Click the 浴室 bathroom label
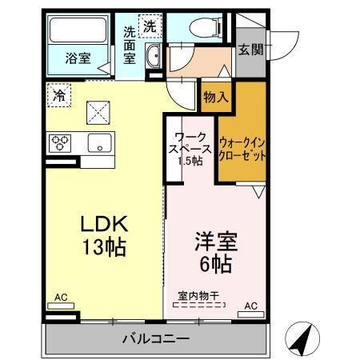coord(78,58)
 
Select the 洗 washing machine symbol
coord(150,26)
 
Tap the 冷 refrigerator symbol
coord(58,94)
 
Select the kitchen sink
coord(100,145)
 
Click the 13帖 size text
coord(103,247)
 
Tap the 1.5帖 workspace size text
coord(190,161)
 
